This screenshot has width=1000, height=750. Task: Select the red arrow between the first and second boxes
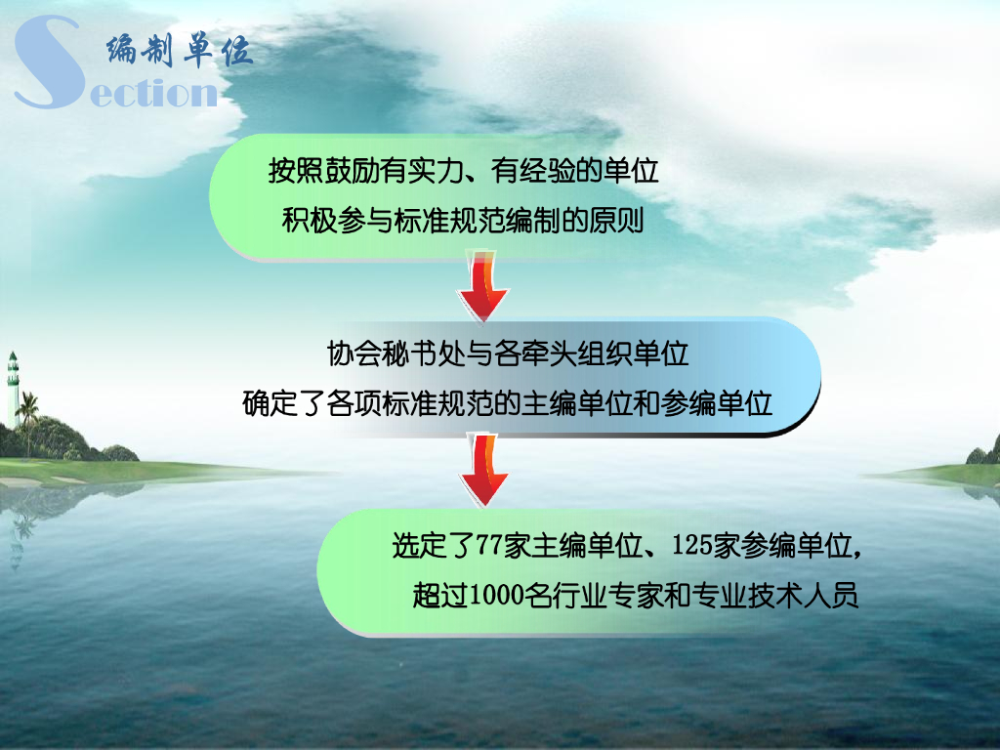(x=483, y=286)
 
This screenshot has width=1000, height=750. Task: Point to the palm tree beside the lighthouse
(x=28, y=415)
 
